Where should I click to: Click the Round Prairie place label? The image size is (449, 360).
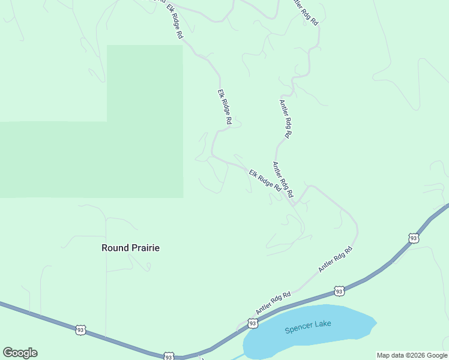click(130, 247)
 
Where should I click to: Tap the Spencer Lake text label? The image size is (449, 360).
click(308, 327)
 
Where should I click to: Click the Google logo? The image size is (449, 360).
click(20, 353)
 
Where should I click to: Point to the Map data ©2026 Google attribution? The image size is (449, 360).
click(412, 355)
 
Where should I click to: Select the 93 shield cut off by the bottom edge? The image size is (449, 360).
click(169, 356)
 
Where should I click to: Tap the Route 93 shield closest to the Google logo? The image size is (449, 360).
click(81, 329)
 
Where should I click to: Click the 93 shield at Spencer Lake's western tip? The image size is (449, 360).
click(252, 323)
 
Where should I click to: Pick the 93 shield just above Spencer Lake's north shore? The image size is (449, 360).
click(339, 291)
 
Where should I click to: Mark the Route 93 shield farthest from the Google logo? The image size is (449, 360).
click(413, 238)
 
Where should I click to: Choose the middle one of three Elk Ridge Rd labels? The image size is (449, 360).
click(224, 107)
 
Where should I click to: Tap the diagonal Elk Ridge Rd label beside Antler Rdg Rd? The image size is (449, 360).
click(265, 179)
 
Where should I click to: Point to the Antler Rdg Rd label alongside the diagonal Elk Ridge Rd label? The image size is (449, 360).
click(283, 179)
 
